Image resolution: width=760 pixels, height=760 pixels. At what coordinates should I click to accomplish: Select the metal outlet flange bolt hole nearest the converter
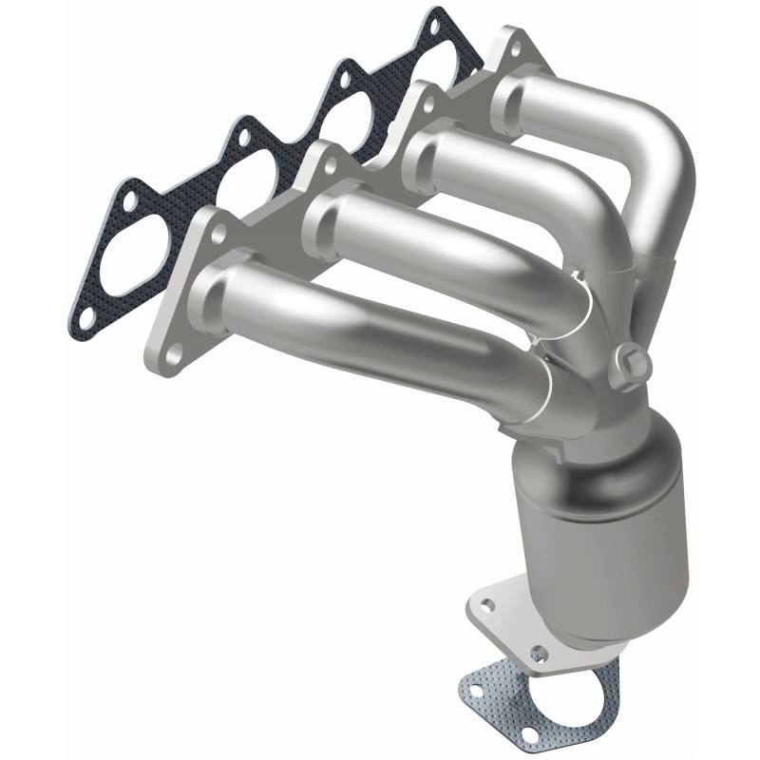[539, 653]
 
